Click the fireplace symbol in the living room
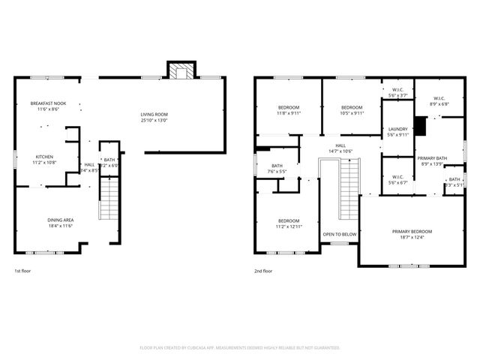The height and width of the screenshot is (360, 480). tap(180, 71)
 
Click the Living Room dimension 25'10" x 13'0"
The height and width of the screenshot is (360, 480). tap(154, 120)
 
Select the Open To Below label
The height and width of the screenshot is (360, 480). tap(340, 235)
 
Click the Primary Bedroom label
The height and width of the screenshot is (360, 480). tap(412, 232)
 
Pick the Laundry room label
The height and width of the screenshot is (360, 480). tap(397, 129)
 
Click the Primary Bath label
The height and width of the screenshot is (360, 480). tap(432, 158)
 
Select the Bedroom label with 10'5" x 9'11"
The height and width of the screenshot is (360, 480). tap(352, 108)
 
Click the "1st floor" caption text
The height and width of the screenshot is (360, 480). tap(23, 271)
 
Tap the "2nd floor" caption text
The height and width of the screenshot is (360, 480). tap(263, 271)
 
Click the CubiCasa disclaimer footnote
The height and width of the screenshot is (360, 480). tap(240, 347)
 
